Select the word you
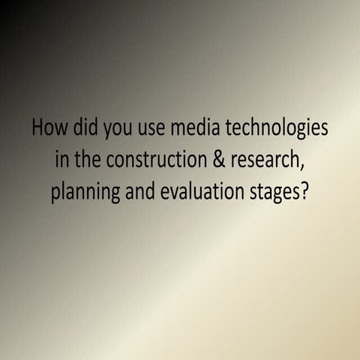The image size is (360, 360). pyautogui.click(x=113, y=130)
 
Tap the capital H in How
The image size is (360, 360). pyautogui.click(x=37, y=127)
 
